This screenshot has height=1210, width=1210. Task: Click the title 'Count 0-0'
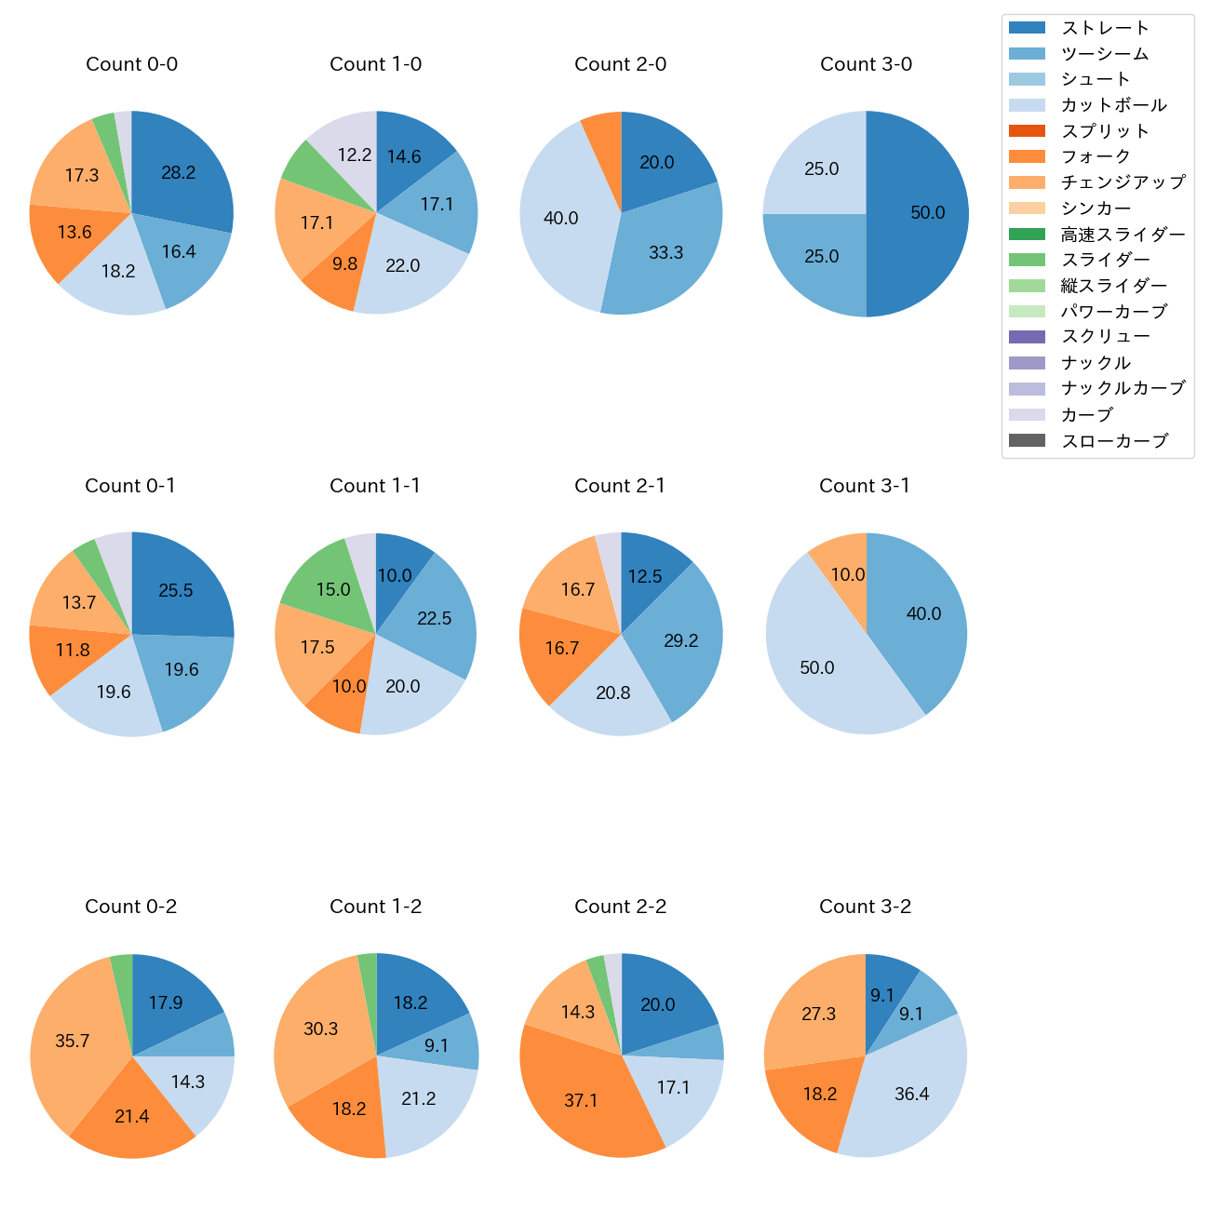coord(131,64)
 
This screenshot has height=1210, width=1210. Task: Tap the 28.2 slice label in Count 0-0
coord(178,172)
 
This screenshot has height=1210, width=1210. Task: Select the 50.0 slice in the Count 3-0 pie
coord(921,213)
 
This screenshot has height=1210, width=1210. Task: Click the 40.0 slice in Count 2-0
coord(561,219)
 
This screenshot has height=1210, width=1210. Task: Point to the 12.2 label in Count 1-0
coord(355,155)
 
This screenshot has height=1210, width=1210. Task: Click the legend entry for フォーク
coord(1096,156)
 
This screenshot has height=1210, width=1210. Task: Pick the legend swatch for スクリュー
coord(1027,337)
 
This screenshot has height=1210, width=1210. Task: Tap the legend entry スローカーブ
coord(1114,441)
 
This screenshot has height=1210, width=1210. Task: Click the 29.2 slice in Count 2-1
coord(680,640)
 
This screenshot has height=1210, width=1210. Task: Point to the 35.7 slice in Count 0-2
coord(73,1041)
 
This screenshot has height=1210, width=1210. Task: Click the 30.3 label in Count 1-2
coord(321,1028)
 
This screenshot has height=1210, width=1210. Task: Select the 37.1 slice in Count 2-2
coord(581,1100)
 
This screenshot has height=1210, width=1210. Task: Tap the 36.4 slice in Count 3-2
coord(911,1094)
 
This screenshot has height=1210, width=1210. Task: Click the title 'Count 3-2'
coord(865,907)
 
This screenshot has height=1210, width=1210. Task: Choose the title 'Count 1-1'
coord(375,486)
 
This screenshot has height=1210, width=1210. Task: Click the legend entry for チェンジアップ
coord(1123,182)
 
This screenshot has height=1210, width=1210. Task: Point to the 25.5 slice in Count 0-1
coord(176,591)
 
